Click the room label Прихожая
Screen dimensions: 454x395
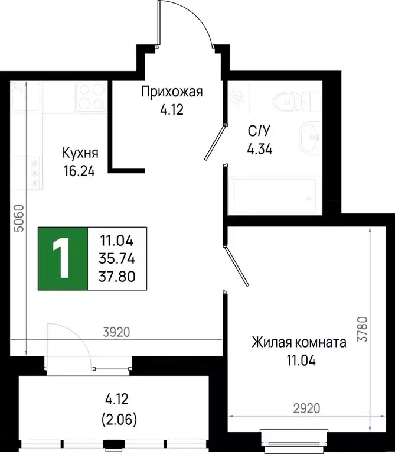coord(172,91)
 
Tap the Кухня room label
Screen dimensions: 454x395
coord(80,153)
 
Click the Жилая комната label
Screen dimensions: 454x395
coord(299,342)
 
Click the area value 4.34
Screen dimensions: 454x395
coord(259,148)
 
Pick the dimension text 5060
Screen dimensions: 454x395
coord(19,218)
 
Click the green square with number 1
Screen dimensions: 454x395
coord(63,258)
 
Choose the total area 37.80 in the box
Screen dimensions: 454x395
coord(117,275)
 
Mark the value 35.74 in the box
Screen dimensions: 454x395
coord(117,258)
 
